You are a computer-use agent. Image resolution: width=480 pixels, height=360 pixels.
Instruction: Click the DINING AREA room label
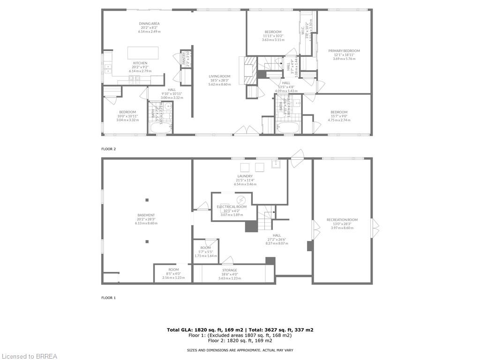[x=149, y=24]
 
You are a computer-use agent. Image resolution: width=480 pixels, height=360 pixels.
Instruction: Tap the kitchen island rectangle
[x=143, y=52]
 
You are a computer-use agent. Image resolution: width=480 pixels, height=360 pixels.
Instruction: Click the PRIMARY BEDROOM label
[x=344, y=51]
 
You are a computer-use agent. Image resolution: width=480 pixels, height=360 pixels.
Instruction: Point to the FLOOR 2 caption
[x=108, y=149]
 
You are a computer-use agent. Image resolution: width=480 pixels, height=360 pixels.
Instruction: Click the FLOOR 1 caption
[x=108, y=298]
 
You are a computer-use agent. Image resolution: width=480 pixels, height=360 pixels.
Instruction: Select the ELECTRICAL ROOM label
[x=232, y=207]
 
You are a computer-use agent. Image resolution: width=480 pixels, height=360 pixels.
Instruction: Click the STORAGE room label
[x=230, y=270]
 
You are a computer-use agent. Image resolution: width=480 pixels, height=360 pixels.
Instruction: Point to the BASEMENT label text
[x=146, y=215]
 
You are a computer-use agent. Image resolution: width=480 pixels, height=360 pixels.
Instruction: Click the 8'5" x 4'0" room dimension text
[x=173, y=274]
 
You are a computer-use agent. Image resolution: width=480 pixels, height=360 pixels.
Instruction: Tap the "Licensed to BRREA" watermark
[x=29, y=356]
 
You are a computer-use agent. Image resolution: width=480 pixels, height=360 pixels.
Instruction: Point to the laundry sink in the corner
[x=276, y=165]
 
